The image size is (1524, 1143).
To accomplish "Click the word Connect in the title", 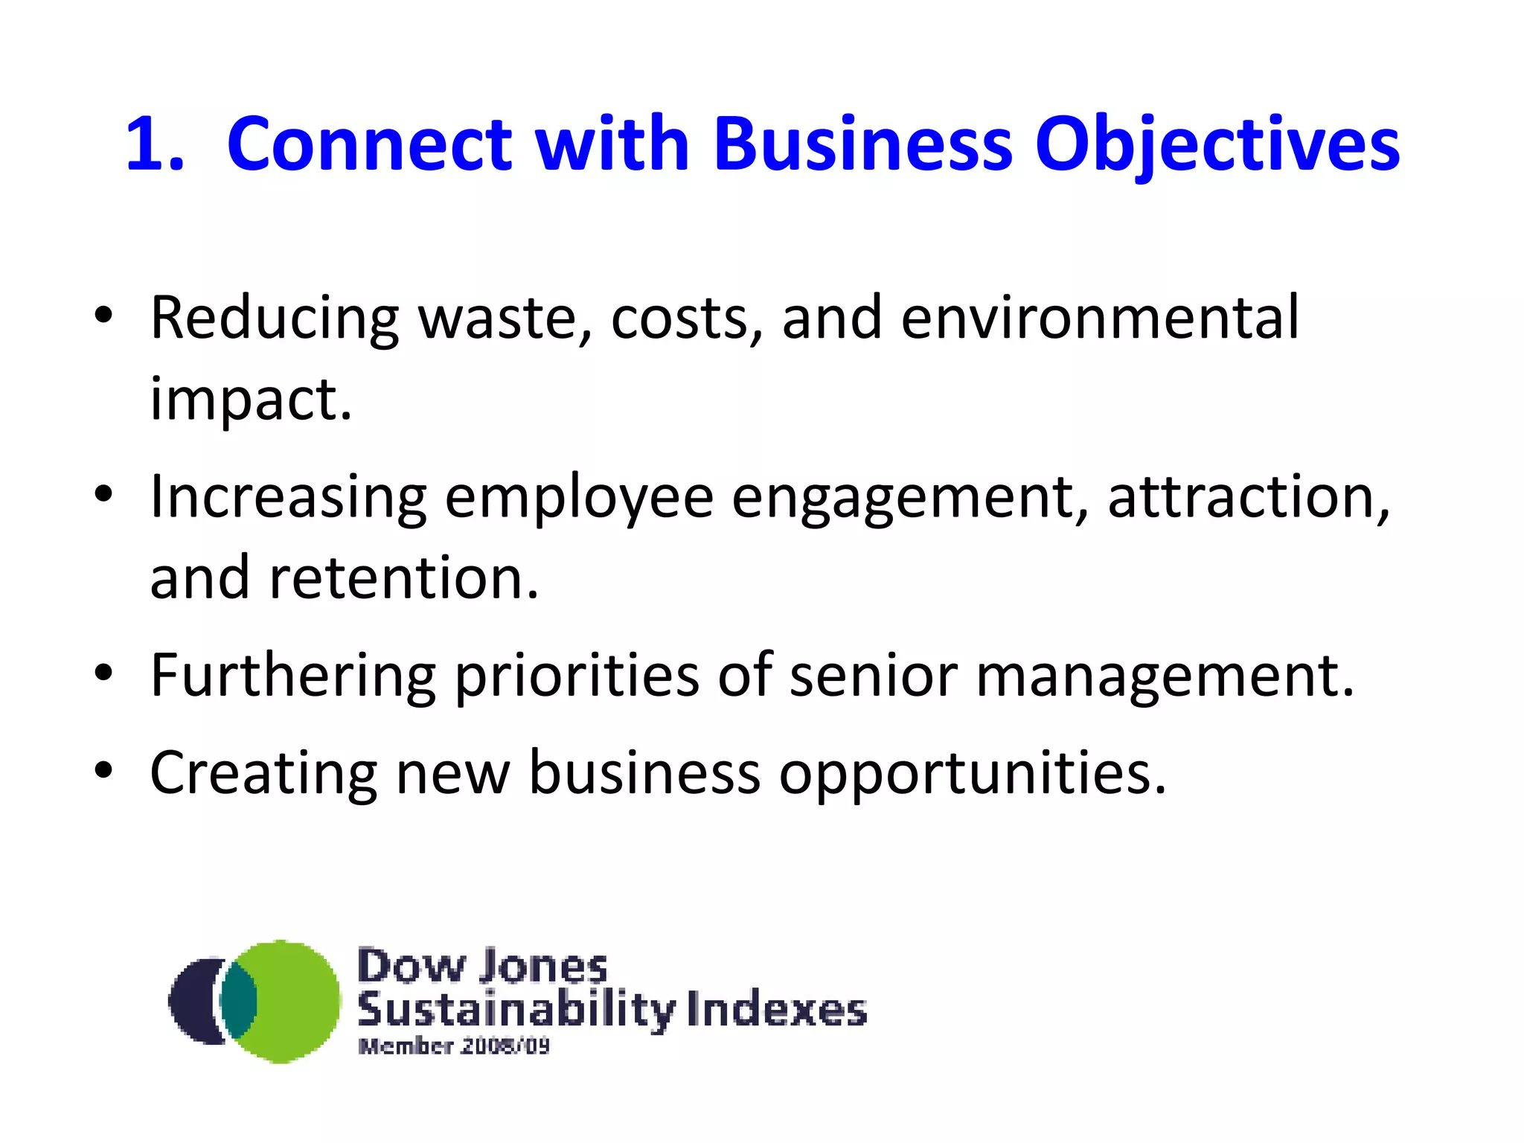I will click(370, 144).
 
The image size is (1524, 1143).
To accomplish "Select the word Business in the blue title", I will click(863, 144).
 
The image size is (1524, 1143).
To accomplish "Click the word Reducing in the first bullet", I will click(275, 319).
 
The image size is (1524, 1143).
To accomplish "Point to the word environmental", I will click(1100, 318).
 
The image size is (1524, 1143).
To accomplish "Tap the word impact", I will click(251, 400).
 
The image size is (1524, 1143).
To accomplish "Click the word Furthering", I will click(292, 676).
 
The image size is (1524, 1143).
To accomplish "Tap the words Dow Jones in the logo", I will click(482, 967).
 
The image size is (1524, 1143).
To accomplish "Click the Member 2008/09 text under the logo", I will click(454, 1046).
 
